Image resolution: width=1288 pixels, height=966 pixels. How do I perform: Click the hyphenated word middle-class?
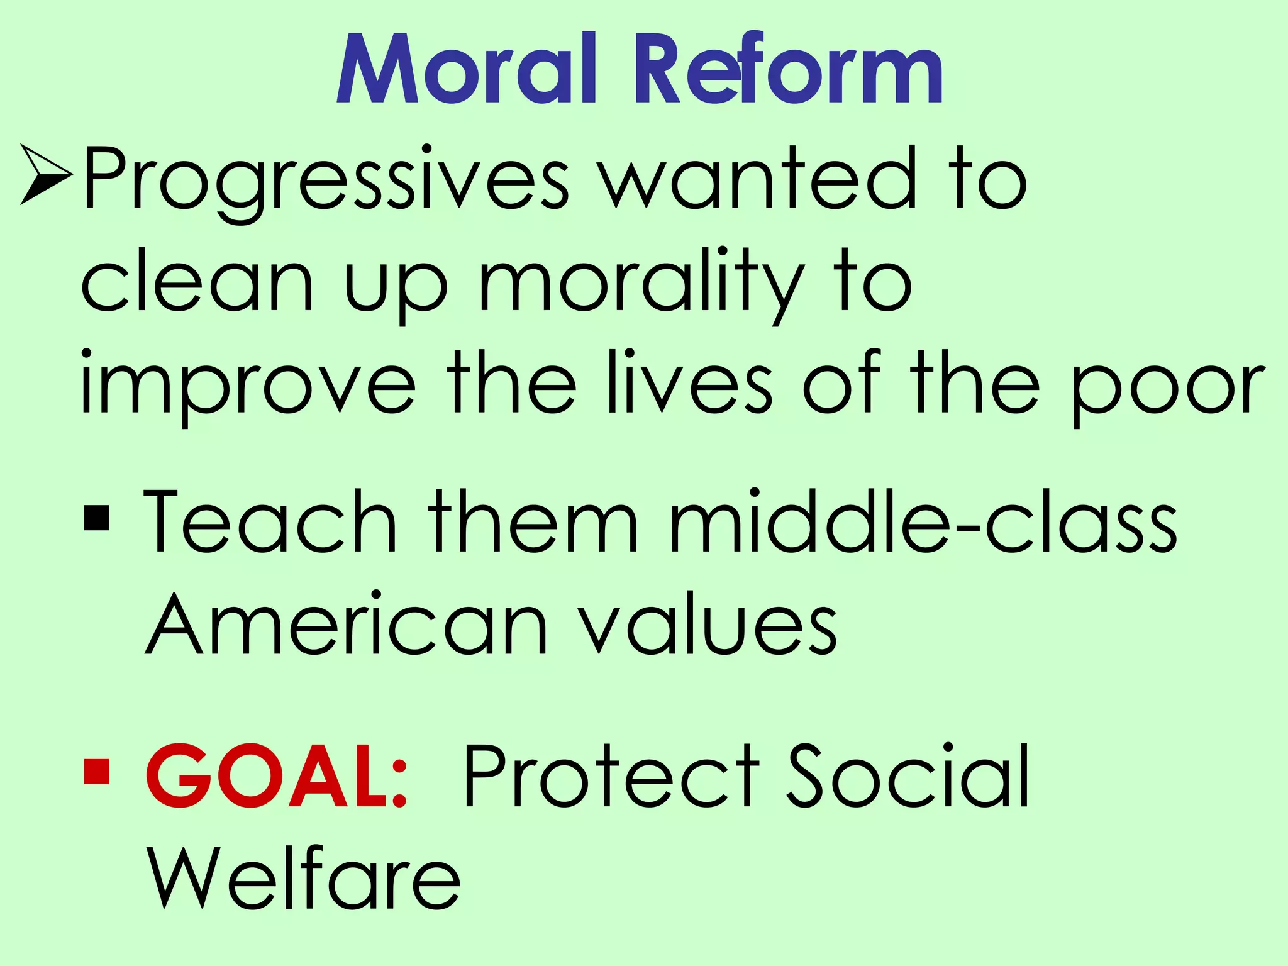(x=922, y=521)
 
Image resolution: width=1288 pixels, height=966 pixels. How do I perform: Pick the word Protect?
(x=611, y=776)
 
